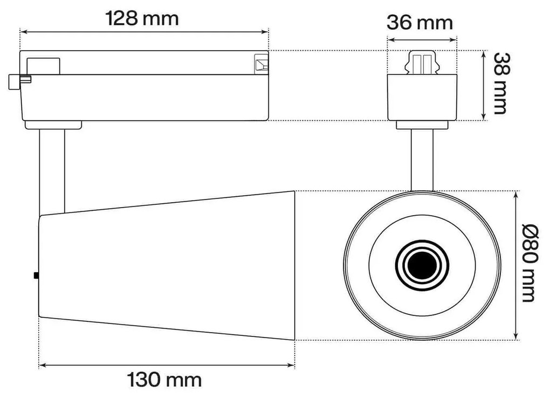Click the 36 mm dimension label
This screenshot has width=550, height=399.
pos(420,23)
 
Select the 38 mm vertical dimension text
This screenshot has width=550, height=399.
pos(500,83)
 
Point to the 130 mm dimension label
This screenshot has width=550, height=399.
pos(164,380)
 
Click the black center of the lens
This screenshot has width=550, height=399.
pos(422,265)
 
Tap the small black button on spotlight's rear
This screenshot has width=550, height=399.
pos(36,276)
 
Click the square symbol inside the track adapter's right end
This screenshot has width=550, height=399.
pos(261,64)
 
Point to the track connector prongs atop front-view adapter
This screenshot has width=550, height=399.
pos(422,63)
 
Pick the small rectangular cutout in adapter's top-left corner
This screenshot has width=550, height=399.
pos(44,65)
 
